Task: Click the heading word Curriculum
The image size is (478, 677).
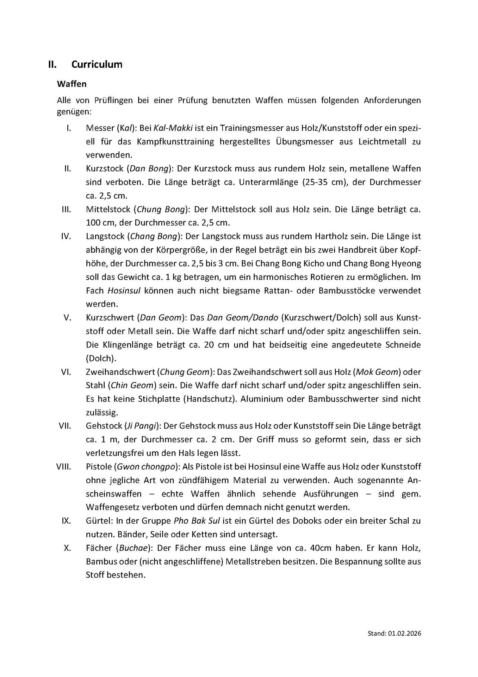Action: (x=97, y=65)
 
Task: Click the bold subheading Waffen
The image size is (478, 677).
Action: (x=72, y=84)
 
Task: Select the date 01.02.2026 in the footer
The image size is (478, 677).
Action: (x=405, y=634)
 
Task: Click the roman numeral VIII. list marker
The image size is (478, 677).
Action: (x=64, y=467)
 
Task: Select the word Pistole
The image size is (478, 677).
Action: (x=98, y=467)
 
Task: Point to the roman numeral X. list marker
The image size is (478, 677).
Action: (x=68, y=548)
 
